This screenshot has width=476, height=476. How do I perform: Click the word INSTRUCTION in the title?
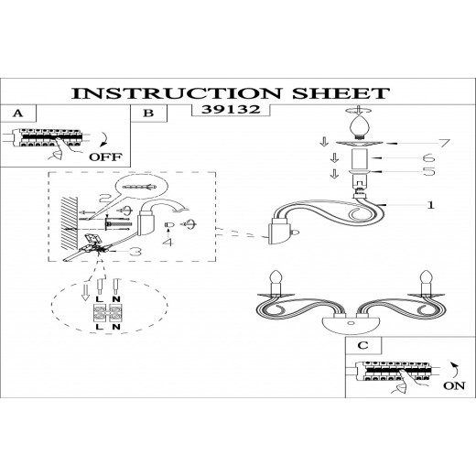[x=176, y=93]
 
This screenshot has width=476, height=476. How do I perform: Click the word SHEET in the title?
[x=341, y=93]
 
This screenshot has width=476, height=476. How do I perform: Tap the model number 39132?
[x=231, y=109]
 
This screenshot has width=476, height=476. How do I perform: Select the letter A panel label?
[x=18, y=114]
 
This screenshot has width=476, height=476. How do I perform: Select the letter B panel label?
[x=148, y=114]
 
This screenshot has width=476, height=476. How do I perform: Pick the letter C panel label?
[x=362, y=345]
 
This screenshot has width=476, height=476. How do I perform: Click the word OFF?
[x=105, y=157]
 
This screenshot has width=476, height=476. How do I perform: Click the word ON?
[x=454, y=385]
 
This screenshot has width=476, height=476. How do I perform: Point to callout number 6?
[x=428, y=157]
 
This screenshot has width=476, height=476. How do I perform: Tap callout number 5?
[x=429, y=171]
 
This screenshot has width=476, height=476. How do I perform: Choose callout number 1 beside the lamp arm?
[x=430, y=205]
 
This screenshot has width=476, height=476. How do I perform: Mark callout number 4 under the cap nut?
[x=168, y=243]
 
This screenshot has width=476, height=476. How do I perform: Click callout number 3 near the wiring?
[x=135, y=252]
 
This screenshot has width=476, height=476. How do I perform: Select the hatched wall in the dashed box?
[x=69, y=223]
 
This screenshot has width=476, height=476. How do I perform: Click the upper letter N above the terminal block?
[x=116, y=299]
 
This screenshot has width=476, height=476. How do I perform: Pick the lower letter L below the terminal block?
[x=99, y=327]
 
